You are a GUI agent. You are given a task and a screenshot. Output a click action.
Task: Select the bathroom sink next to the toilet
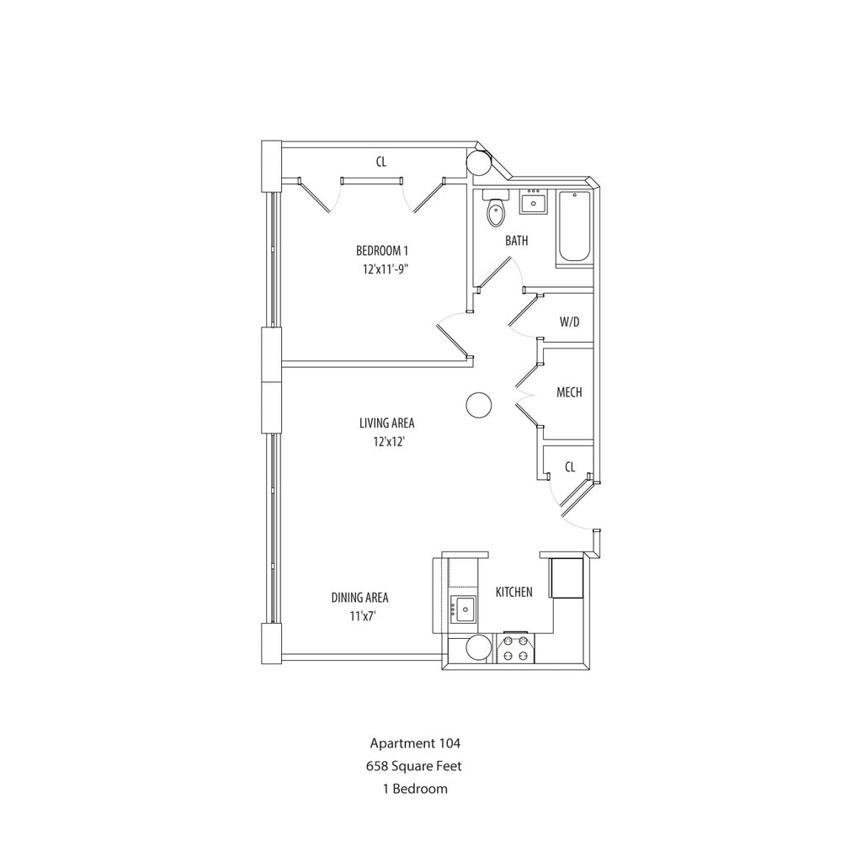pyautogui.click(x=533, y=203)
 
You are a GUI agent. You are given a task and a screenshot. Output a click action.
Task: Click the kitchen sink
pyautogui.click(x=463, y=608)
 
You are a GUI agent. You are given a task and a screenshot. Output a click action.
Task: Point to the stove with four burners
pyautogui.click(x=514, y=649)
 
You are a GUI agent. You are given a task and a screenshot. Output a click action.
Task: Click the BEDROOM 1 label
pyautogui.click(x=382, y=251)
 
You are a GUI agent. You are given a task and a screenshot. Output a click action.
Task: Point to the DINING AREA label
pyautogui.click(x=359, y=598)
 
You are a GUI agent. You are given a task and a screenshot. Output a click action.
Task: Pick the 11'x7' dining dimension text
pyautogui.click(x=362, y=616)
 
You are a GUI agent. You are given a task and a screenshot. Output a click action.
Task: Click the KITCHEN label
pyautogui.click(x=513, y=592)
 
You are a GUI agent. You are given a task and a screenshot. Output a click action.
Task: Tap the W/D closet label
pyautogui.click(x=569, y=322)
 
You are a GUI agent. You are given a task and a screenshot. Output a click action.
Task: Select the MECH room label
pyautogui.click(x=569, y=392)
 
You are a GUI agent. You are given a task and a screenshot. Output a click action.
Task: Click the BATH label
pyautogui.click(x=516, y=241)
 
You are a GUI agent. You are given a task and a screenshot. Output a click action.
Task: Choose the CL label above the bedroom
pyautogui.click(x=381, y=162)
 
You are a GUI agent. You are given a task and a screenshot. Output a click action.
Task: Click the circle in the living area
pyautogui.click(x=478, y=406)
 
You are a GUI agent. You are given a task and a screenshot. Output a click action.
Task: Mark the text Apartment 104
pyautogui.click(x=415, y=743)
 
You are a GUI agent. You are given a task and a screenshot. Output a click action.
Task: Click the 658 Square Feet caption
pyautogui.click(x=414, y=766)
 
